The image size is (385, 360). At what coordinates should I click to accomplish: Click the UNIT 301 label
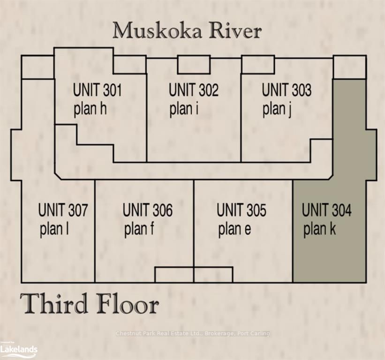[x=98, y=90]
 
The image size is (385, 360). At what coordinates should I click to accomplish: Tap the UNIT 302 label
[x=194, y=90]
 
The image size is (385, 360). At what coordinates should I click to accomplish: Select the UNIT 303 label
[x=287, y=90]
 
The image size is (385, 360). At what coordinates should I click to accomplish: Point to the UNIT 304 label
[x=326, y=210]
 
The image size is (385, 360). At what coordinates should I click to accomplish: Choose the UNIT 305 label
[x=242, y=210]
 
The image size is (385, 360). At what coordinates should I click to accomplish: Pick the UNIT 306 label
[x=148, y=210]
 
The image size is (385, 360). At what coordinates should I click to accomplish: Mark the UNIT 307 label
[x=63, y=210]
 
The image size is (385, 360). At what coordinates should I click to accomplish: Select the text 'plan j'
[x=277, y=109]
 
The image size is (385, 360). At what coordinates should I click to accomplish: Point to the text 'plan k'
[x=319, y=229]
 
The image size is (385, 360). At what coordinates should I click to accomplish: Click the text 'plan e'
[x=235, y=229]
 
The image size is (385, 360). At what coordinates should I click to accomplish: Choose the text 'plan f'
[x=139, y=229]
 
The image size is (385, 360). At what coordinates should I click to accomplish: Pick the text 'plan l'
[x=54, y=229]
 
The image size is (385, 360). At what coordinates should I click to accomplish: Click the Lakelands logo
[x=19, y=348]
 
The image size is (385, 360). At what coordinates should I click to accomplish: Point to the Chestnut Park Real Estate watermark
[x=193, y=333]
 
